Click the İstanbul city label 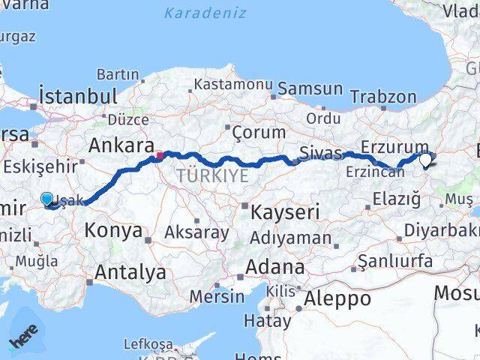tap(78, 96)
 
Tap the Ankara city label tap(121, 145)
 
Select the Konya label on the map tap(114, 230)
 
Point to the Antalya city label tap(130, 271)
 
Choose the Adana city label tap(277, 267)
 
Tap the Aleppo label tap(338, 298)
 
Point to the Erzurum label tap(394, 147)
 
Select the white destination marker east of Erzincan tap(426, 159)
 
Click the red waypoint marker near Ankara tap(159, 157)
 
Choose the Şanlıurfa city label tap(395, 260)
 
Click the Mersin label tap(216, 296)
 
